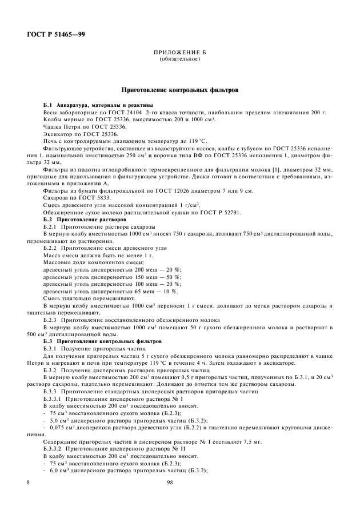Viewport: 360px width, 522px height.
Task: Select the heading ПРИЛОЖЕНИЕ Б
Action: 179,53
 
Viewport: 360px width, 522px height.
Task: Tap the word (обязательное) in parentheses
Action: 179,59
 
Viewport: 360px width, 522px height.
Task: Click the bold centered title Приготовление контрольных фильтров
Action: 179,90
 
